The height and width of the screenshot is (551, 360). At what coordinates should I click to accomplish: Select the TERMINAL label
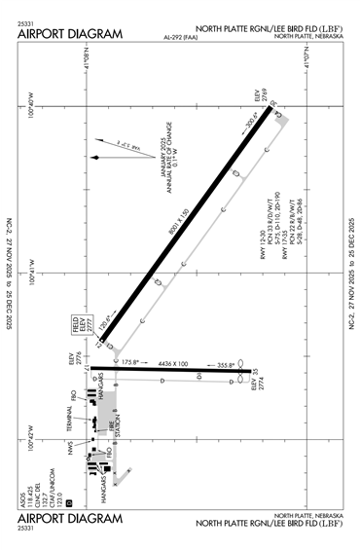(70, 420)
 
